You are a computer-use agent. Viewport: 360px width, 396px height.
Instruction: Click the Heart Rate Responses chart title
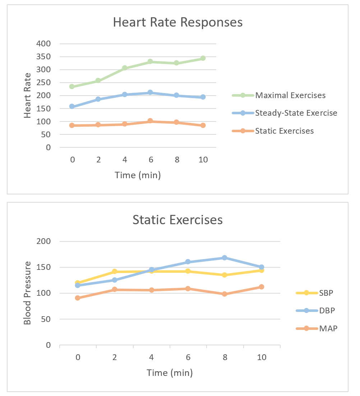tap(177, 22)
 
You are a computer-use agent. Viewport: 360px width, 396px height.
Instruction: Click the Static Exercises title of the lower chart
tap(177, 220)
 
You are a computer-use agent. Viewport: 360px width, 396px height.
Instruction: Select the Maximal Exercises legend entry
tap(290, 95)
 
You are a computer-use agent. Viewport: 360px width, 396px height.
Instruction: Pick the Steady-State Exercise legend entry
tap(296, 113)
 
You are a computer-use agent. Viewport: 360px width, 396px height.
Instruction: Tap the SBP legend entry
tap(326, 293)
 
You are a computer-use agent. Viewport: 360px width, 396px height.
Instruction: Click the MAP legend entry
tap(328, 328)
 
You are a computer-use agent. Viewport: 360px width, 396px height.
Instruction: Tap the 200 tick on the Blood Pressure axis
tap(45, 241)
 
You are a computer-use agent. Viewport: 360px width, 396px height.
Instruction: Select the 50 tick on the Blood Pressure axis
tap(47, 319)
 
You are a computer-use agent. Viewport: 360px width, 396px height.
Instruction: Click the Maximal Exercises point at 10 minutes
tap(203, 58)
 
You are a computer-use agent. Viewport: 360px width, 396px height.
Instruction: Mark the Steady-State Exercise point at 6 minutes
tap(151, 93)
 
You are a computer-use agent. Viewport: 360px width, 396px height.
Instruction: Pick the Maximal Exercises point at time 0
tap(72, 87)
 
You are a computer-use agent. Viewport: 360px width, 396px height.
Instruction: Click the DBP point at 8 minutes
tap(225, 258)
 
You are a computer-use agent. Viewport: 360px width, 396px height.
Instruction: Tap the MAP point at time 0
tap(78, 298)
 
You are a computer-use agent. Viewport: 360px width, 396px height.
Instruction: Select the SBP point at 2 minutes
tap(114, 272)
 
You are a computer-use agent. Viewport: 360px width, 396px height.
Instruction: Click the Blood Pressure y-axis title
tap(28, 293)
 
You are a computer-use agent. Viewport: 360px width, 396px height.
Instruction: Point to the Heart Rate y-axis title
tap(28, 95)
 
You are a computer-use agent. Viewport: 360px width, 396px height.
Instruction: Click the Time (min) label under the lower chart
tap(170, 373)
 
